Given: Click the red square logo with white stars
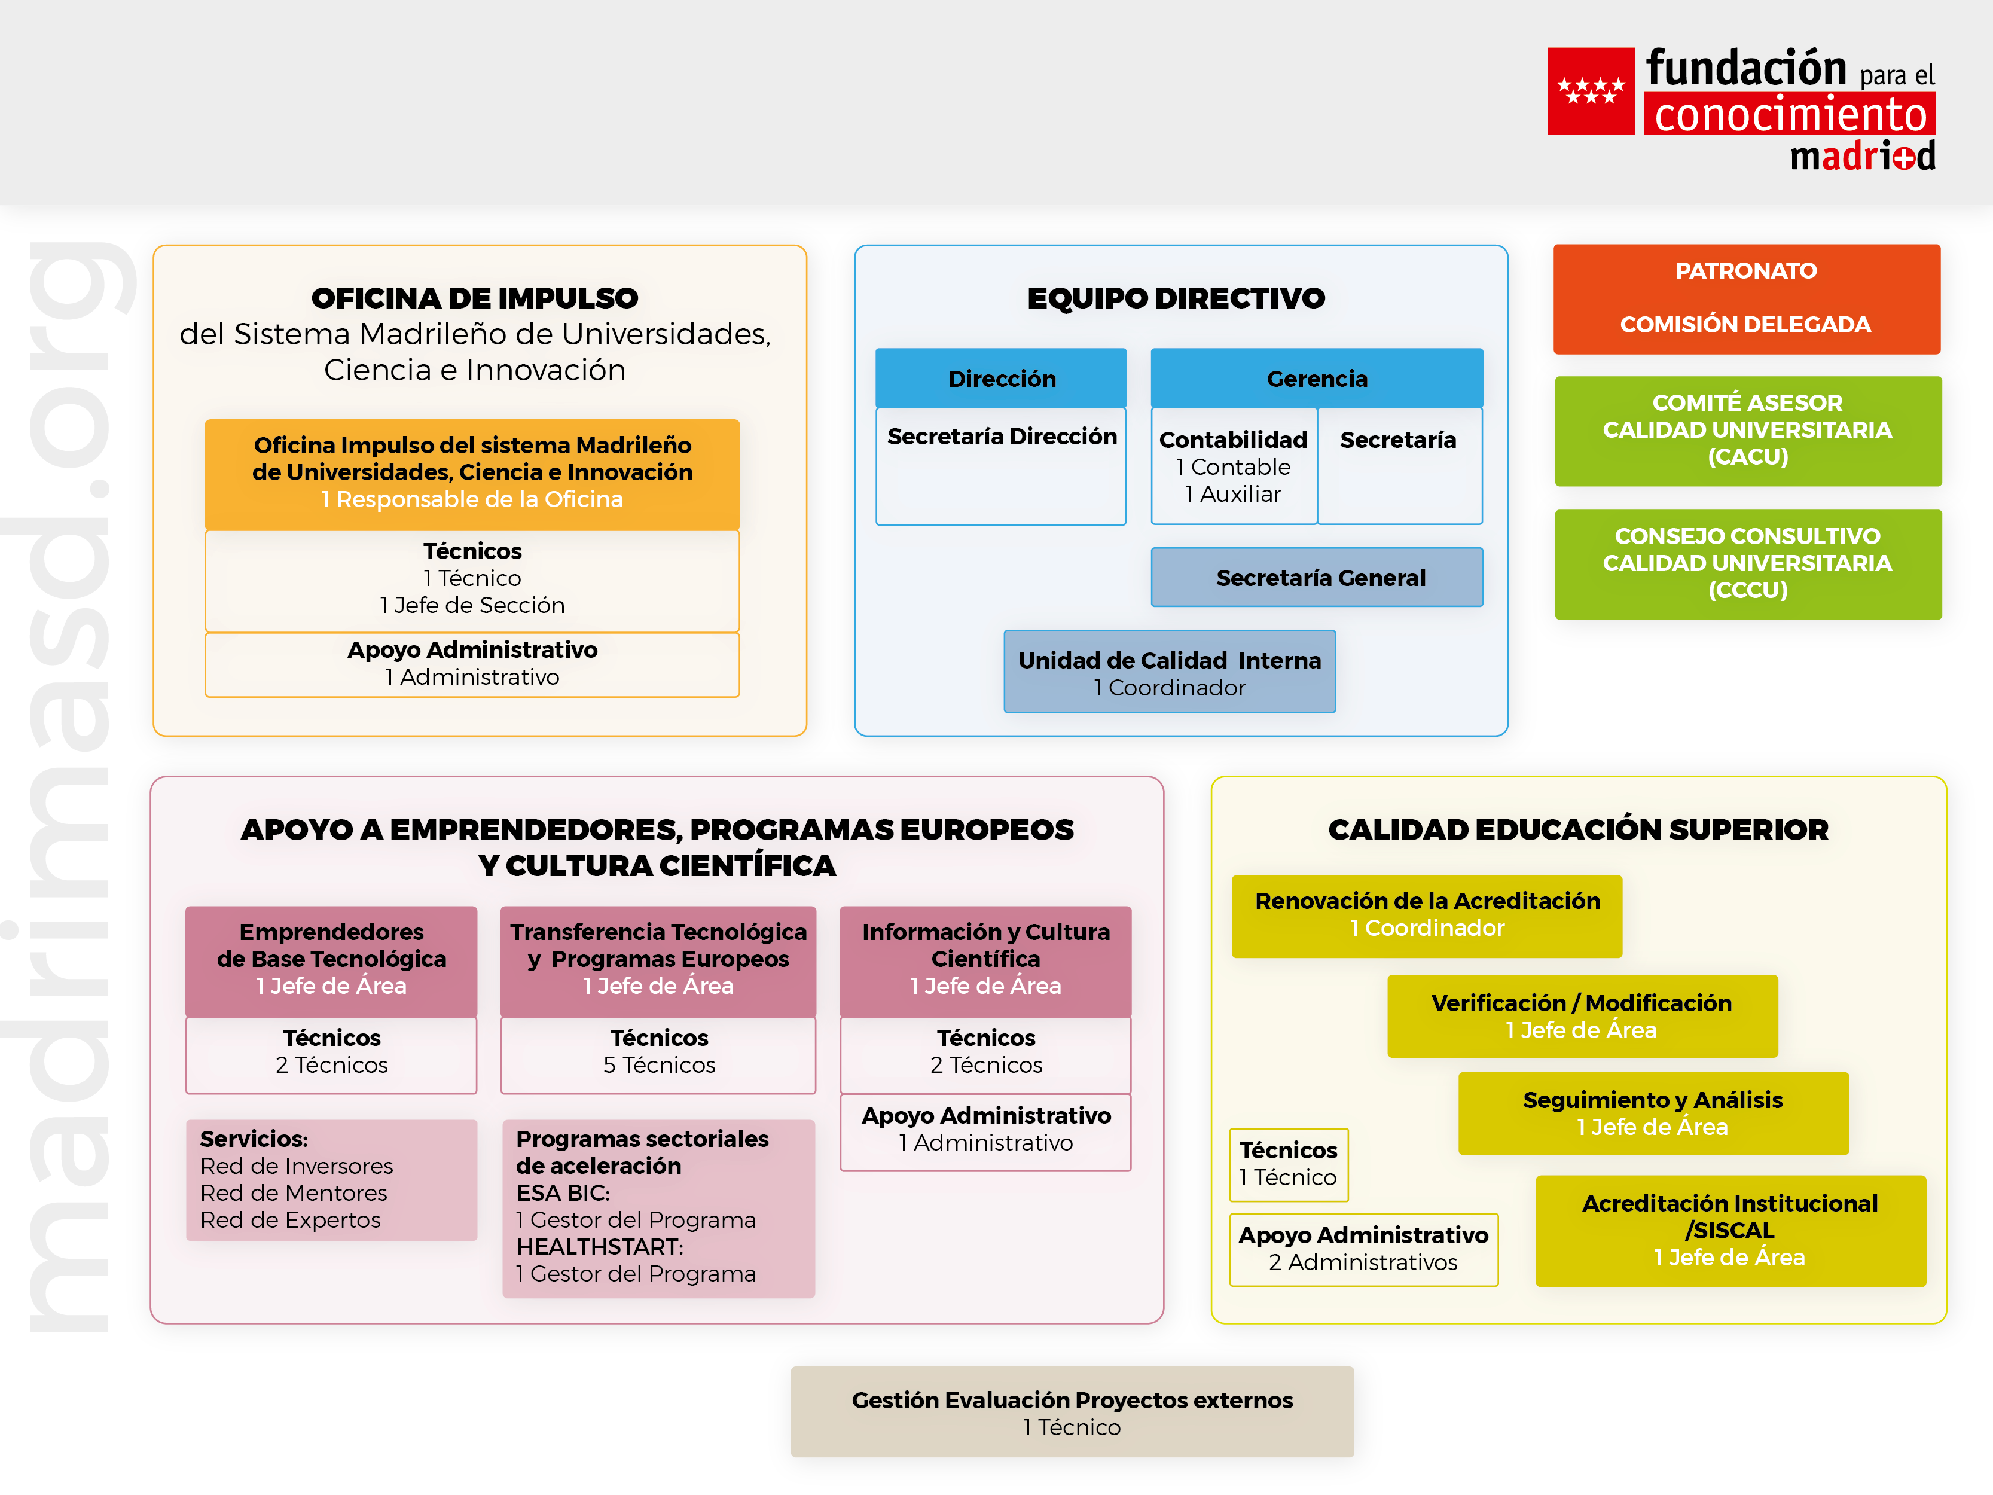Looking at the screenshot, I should click(1590, 91).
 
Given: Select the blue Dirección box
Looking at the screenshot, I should click(1001, 379).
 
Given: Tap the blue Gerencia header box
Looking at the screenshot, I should click(1316, 379).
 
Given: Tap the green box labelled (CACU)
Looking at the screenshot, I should click(1747, 430).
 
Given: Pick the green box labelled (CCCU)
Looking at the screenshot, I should click(1747, 563).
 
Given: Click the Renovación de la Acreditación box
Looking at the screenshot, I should click(1426, 915).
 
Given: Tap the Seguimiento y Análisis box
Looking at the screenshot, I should click(1652, 1113).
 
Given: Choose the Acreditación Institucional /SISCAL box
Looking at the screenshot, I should click(1730, 1230).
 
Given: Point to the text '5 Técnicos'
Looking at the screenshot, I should click(658, 1065).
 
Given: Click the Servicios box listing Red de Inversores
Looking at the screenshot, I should click(331, 1180).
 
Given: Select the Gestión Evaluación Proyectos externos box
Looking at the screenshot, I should click(1072, 1412).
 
